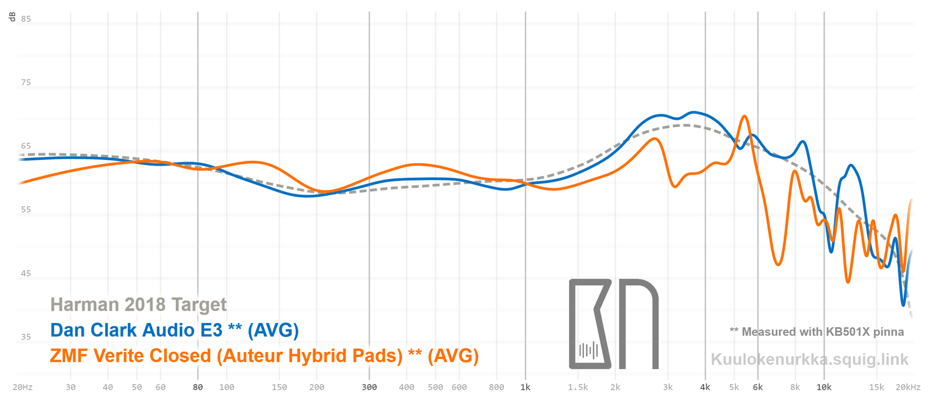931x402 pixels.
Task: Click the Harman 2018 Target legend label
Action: tap(138, 304)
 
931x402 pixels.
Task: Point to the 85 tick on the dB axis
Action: tap(26, 19)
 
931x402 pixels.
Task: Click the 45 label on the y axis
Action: tap(26, 274)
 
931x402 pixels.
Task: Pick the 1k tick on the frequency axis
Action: tap(525, 387)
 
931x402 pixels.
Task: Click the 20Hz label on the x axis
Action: tap(23, 387)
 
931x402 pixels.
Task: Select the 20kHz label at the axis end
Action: tap(908, 387)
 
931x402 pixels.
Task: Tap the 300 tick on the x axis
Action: tap(369, 387)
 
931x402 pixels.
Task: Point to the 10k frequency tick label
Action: tap(824, 387)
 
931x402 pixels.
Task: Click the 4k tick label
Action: tap(705, 387)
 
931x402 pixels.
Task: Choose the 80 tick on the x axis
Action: tap(198, 387)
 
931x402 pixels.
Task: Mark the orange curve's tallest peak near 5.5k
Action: tap(744, 116)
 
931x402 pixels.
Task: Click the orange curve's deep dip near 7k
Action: tap(778, 265)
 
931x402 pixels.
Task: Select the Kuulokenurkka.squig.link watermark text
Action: tap(809, 360)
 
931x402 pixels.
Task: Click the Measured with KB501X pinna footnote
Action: tap(817, 332)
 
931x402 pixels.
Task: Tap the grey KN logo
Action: tap(613, 324)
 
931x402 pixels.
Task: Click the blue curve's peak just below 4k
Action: tap(692, 112)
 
